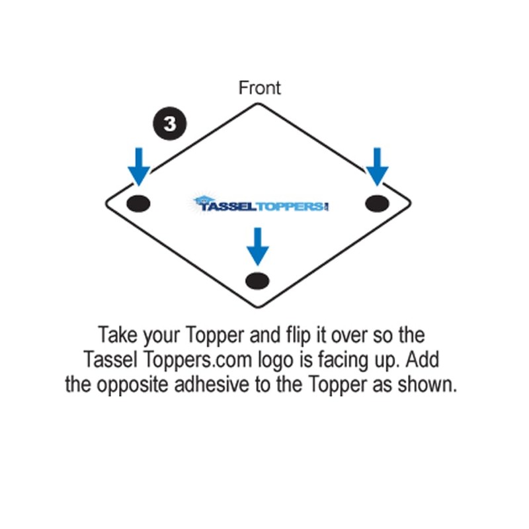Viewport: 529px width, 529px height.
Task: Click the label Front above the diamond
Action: click(x=260, y=88)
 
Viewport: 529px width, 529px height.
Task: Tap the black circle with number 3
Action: click(x=170, y=124)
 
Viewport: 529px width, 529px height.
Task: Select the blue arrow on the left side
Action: click(x=139, y=167)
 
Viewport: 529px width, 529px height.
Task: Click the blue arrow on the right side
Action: click(x=377, y=167)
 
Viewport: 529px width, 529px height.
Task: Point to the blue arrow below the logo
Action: click(x=257, y=246)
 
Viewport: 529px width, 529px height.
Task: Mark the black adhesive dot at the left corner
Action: click(x=138, y=203)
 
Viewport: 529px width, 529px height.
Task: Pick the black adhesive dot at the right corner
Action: click(x=377, y=202)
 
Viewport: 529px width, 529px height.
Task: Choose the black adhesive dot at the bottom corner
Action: click(x=257, y=280)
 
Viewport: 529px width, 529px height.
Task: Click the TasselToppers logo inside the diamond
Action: click(x=261, y=204)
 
